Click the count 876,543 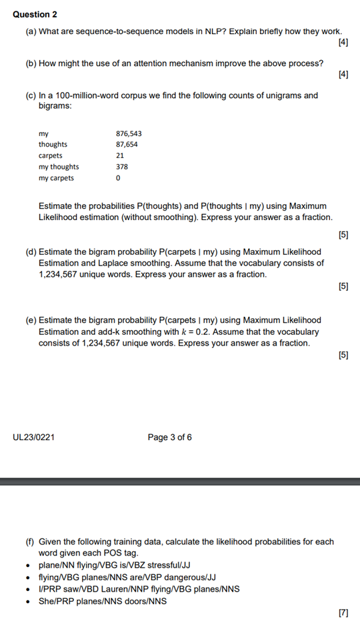(x=129, y=133)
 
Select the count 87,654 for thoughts (x=127, y=144)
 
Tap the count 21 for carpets (x=120, y=155)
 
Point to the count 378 (x=122, y=167)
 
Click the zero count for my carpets (x=118, y=178)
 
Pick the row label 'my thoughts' (x=59, y=167)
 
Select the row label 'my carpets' (x=57, y=178)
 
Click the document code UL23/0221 (x=34, y=438)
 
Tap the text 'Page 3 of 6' (x=170, y=438)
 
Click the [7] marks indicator (x=343, y=612)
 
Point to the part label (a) (x=31, y=31)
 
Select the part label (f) (x=31, y=542)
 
